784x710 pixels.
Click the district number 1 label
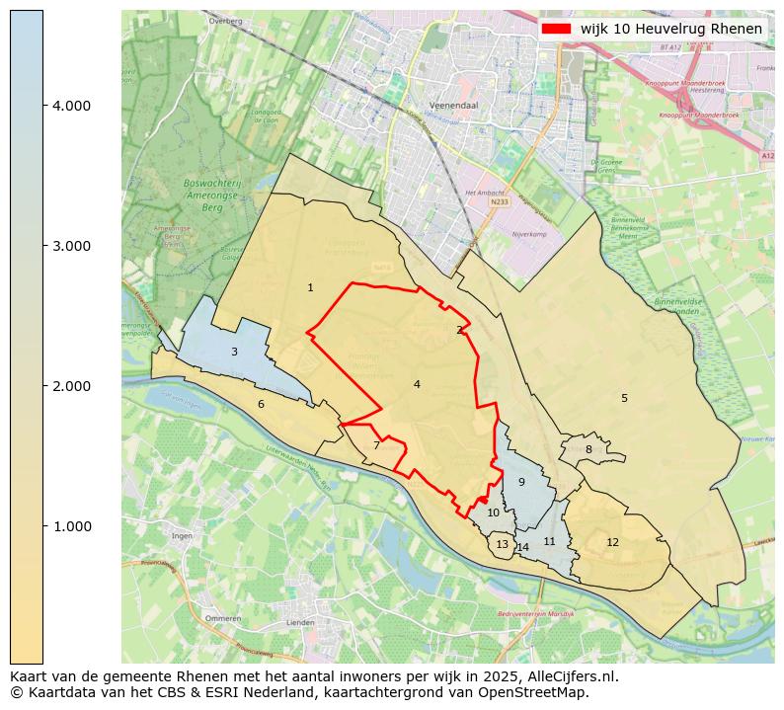tap(310, 288)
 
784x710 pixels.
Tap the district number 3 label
tap(234, 353)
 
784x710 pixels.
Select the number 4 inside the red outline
tap(417, 385)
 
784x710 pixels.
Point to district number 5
tap(624, 399)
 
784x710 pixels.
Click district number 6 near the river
tap(261, 405)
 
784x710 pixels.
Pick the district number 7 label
tap(376, 446)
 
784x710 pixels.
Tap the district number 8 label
tap(588, 450)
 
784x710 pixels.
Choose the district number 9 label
tap(521, 483)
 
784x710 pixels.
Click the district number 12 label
tap(612, 543)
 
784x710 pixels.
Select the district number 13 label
tap(502, 545)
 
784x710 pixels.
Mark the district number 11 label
tap(550, 542)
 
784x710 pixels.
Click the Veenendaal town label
tap(454, 104)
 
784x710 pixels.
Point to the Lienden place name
tap(299, 623)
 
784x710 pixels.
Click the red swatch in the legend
tap(556, 29)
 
